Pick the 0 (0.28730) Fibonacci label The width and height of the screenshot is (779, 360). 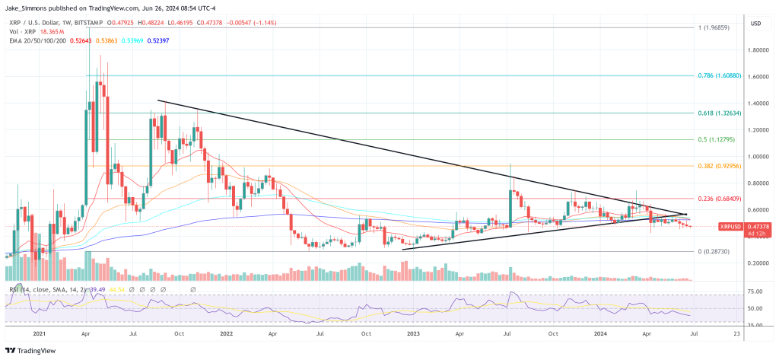click(717, 251)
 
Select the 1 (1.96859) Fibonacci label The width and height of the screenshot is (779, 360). click(717, 27)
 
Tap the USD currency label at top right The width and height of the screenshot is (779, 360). click(756, 24)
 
